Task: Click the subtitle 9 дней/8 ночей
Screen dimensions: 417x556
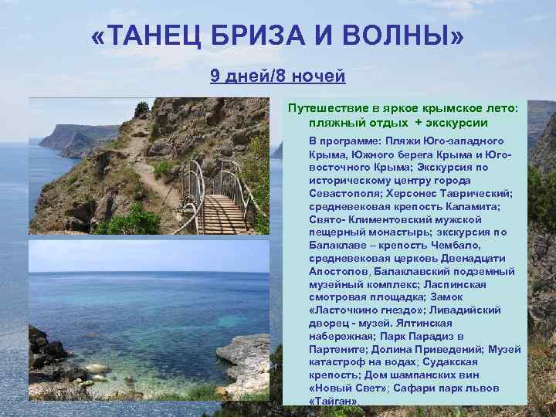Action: click(278, 76)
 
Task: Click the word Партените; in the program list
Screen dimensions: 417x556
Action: click(341, 349)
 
